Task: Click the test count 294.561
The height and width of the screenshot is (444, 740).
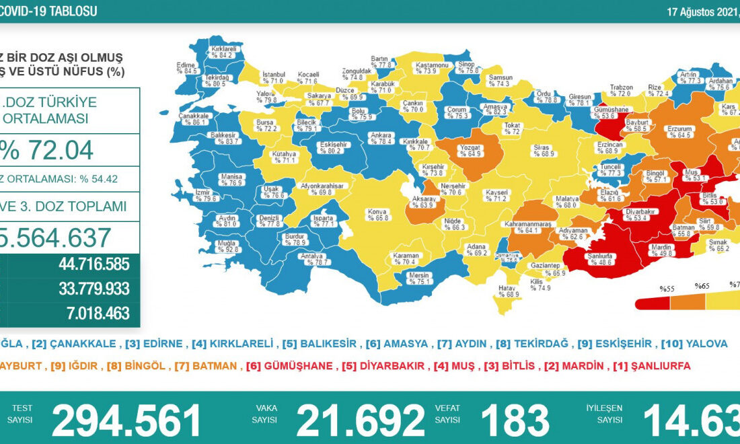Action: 126,420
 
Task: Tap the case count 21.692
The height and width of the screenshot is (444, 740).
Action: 361,420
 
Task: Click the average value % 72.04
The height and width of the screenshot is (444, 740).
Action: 47,150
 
